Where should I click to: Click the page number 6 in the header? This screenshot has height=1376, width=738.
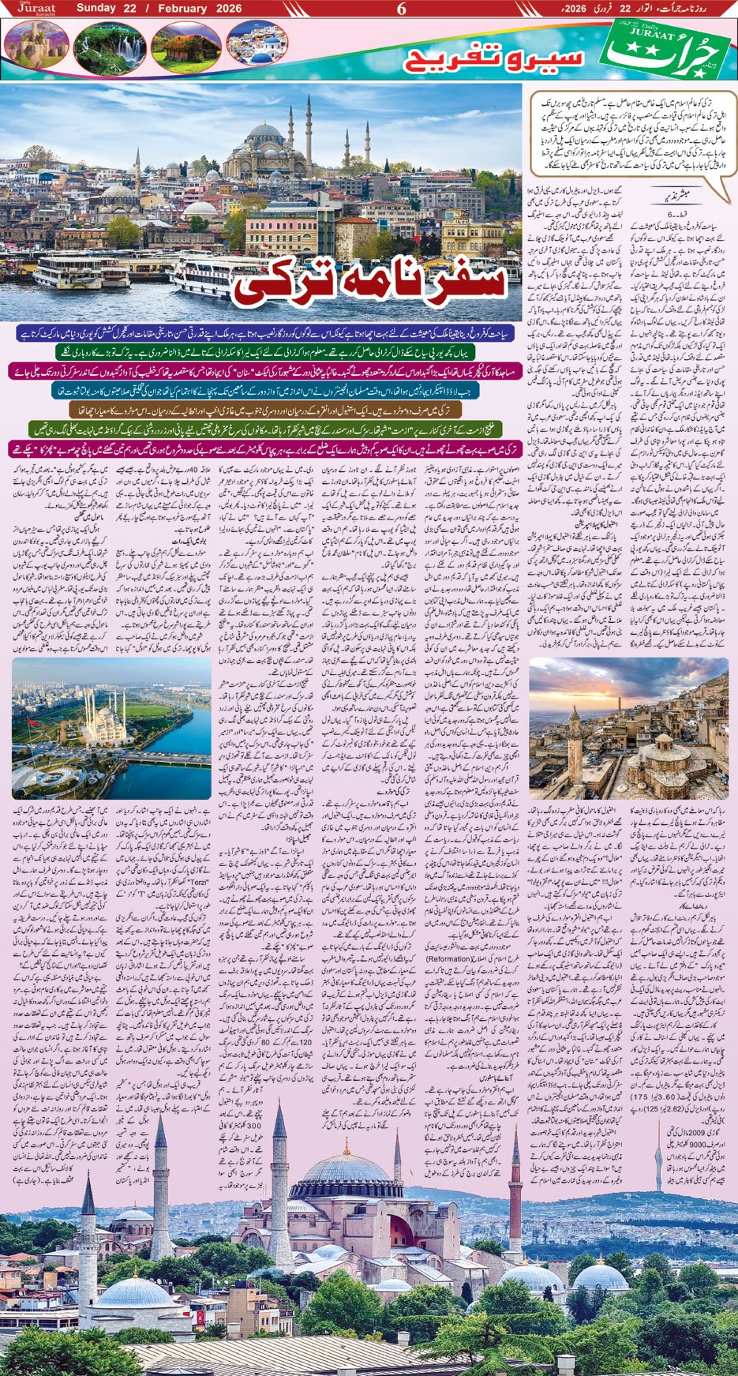401,9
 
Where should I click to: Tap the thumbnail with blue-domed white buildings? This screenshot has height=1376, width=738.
257,42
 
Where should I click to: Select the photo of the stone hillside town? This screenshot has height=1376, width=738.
628,728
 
